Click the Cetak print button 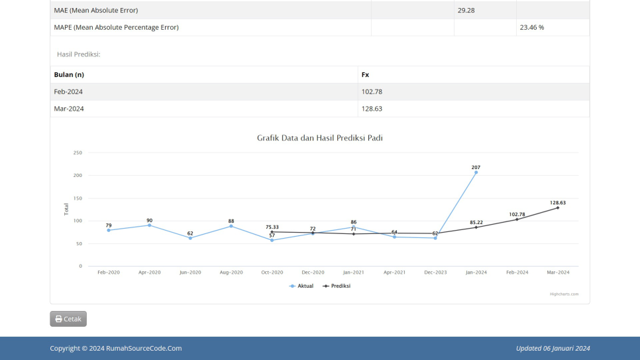[68, 319]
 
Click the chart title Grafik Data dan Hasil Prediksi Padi [319, 138]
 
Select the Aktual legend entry [301, 286]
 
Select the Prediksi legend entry [337, 286]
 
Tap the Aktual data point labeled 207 [476, 172]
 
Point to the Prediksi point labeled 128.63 [557, 208]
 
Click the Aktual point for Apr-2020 [149, 225]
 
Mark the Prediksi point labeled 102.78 [517, 219]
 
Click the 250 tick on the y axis [78, 153]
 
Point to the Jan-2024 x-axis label [476, 272]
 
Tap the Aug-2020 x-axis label [231, 272]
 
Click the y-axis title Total [66, 210]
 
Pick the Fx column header [365, 75]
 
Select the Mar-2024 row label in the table [69, 109]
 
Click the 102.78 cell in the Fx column [372, 91]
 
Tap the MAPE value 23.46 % [531, 28]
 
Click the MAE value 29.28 [466, 11]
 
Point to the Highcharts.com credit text [564, 294]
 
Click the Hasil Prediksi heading [78, 54]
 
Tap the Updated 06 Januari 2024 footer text [553, 348]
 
